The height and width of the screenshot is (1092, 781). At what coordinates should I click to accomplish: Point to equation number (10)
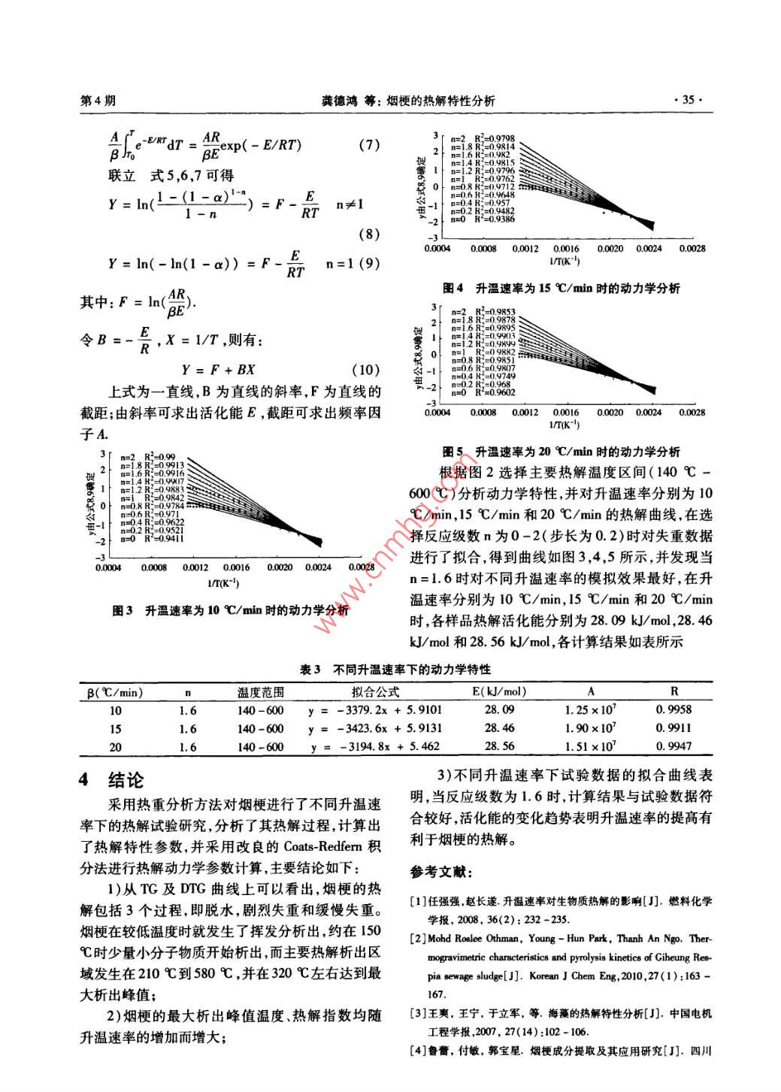365,370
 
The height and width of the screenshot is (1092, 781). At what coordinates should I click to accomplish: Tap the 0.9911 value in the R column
674,727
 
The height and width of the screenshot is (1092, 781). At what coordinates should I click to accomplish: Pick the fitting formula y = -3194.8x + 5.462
375,746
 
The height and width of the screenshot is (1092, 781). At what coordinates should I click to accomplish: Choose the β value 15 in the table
115,728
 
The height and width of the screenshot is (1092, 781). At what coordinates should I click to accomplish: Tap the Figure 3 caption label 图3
122,610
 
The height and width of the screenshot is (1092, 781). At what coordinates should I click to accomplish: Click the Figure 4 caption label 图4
453,288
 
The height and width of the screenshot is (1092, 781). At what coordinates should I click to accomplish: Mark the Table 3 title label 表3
310,669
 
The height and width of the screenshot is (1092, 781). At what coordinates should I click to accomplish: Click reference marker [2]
419,939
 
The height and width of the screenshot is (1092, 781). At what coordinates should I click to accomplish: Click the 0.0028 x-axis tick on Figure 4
692,249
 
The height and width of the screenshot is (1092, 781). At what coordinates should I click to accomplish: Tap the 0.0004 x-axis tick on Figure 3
109,567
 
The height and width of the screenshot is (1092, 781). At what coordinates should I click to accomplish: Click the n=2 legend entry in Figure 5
458,311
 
